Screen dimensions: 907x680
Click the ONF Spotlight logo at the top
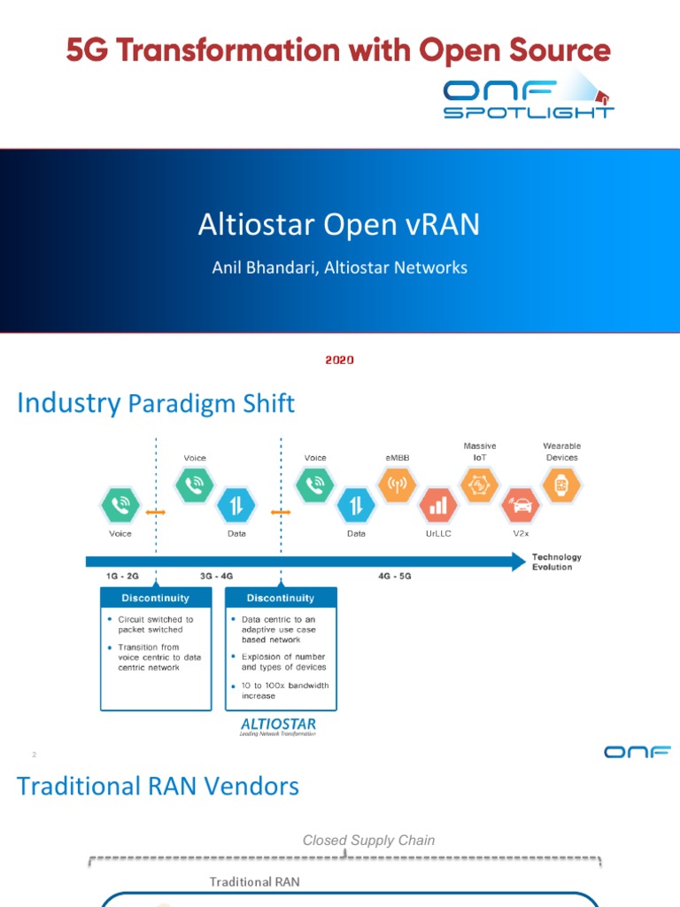(529, 97)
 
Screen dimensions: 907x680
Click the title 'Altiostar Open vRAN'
(339, 225)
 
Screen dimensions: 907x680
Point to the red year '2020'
(339, 360)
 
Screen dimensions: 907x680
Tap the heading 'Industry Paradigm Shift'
(156, 404)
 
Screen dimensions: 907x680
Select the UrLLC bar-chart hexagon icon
(438, 506)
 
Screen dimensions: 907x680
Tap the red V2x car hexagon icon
(520, 506)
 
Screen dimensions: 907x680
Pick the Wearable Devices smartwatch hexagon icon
(561, 485)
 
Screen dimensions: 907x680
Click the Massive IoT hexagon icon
(479, 485)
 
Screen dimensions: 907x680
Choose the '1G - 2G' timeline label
(122, 576)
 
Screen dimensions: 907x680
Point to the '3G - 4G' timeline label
(217, 576)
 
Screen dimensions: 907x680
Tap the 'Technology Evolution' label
(556, 562)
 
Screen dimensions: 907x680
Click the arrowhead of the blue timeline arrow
(516, 562)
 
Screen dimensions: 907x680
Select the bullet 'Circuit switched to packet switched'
(151, 624)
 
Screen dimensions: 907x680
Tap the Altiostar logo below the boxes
(278, 727)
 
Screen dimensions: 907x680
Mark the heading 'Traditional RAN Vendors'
(158, 786)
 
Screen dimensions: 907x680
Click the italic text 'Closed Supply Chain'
(368, 840)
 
